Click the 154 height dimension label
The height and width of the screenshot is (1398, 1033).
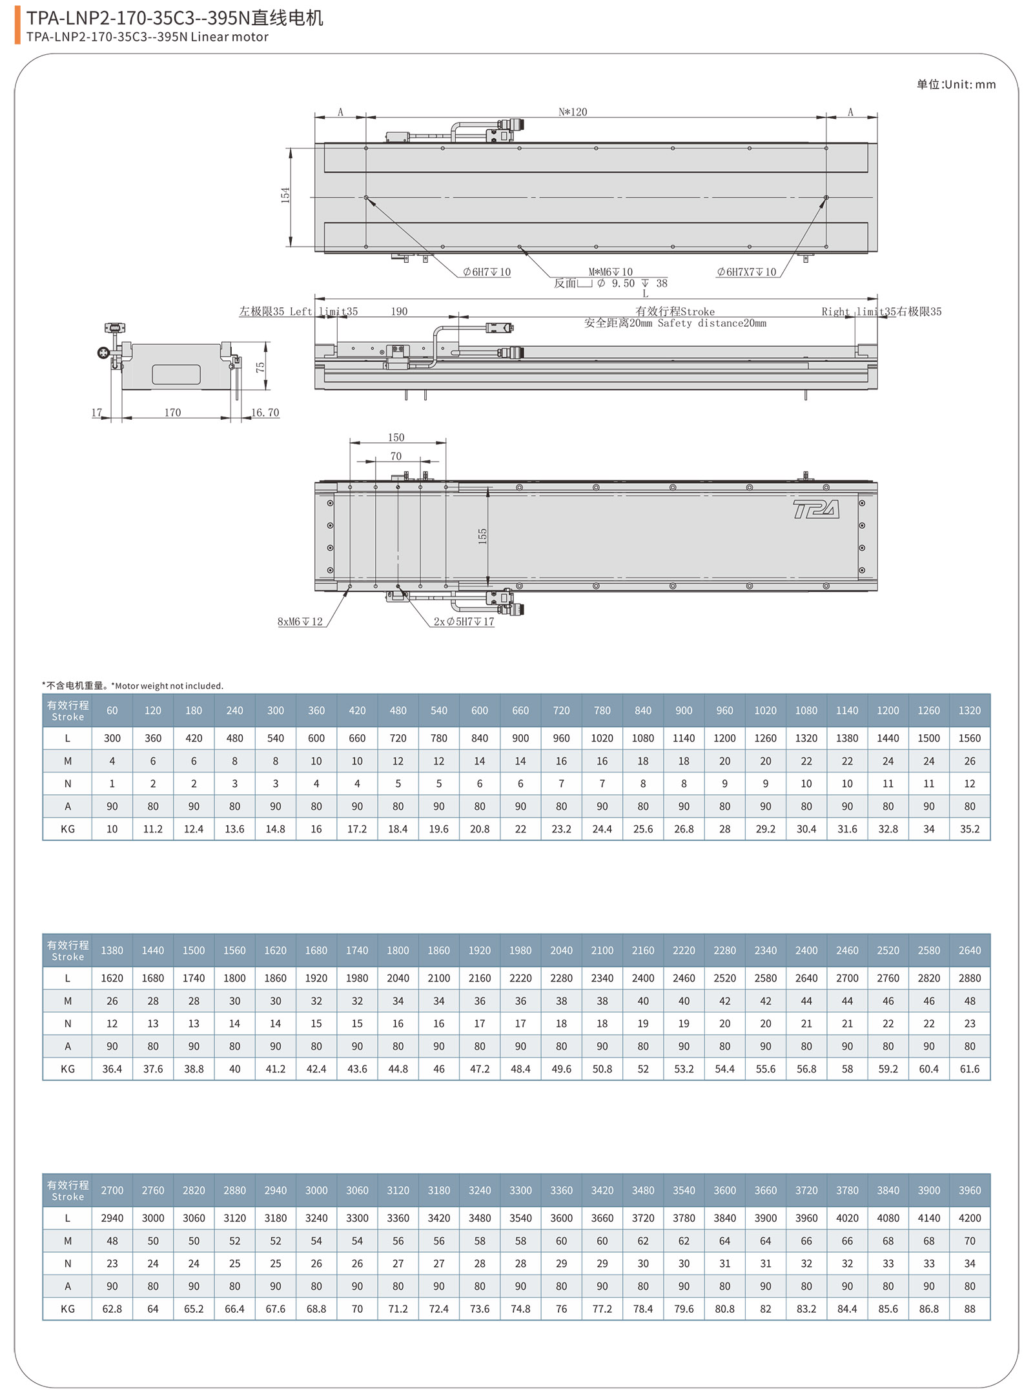[285, 195]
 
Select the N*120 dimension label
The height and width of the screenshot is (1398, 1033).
[573, 112]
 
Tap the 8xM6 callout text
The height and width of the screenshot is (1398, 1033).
[300, 621]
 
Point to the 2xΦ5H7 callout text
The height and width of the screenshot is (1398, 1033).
[464, 621]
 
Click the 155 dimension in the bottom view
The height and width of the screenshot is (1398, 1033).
[482, 536]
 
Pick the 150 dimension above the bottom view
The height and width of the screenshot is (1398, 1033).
[396, 437]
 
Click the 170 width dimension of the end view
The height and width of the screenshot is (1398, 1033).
[172, 412]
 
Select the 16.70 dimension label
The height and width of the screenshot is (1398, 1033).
[265, 412]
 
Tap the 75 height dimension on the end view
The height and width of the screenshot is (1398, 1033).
[260, 367]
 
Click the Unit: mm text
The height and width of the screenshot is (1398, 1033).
[956, 85]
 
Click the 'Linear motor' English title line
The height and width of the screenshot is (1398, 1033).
[147, 37]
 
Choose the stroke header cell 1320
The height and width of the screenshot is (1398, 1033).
[969, 710]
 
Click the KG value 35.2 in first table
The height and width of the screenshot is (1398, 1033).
[969, 828]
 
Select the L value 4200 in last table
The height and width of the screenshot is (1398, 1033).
[969, 1218]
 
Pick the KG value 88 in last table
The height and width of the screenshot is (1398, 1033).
[969, 1308]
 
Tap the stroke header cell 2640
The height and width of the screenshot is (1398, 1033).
[969, 950]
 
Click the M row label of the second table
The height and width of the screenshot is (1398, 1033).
[68, 1001]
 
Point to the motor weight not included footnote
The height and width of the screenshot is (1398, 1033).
[133, 686]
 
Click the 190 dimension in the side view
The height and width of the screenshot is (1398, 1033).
[399, 311]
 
